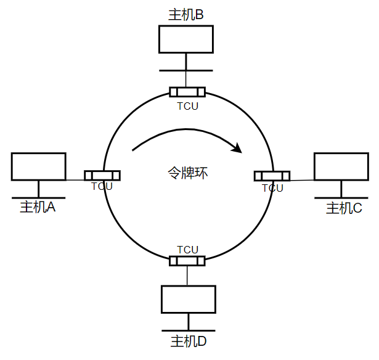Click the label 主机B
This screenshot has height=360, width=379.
[185, 14]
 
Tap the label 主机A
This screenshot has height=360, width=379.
[38, 207]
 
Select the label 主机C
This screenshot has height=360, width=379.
[344, 208]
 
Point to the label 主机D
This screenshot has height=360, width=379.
[189, 341]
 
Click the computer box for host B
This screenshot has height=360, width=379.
[186, 39]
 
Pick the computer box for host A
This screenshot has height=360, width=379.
[38, 166]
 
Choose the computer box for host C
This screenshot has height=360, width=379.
[341, 166]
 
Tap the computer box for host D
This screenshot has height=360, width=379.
[189, 299]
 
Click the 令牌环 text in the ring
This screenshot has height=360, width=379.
[187, 173]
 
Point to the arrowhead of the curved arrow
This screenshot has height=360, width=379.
[235, 148]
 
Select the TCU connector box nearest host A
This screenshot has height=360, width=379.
[102, 175]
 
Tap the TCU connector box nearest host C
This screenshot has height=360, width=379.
[272, 176]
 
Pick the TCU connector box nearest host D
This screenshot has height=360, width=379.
[187, 260]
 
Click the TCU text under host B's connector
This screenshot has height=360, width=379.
[187, 105]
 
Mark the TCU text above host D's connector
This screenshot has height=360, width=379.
[187, 250]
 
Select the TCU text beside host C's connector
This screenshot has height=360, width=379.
[272, 188]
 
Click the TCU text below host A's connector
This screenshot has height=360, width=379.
[102, 186]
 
